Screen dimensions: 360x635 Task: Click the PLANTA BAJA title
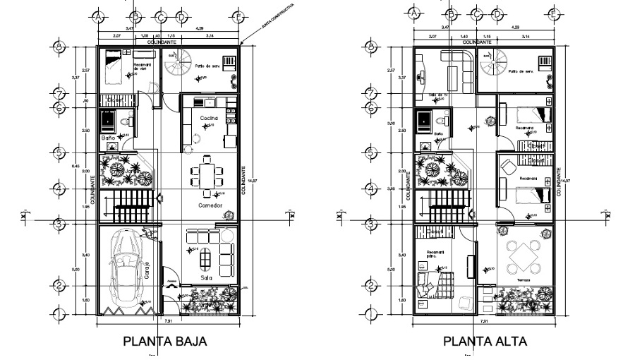tap(165, 342)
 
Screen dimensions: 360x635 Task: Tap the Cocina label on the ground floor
tap(207, 117)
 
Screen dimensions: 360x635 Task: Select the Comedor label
tap(210, 205)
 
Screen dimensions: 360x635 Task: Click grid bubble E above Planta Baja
tap(238, 16)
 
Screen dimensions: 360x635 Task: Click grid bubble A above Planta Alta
tap(414, 13)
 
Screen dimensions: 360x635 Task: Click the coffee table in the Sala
tap(205, 260)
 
